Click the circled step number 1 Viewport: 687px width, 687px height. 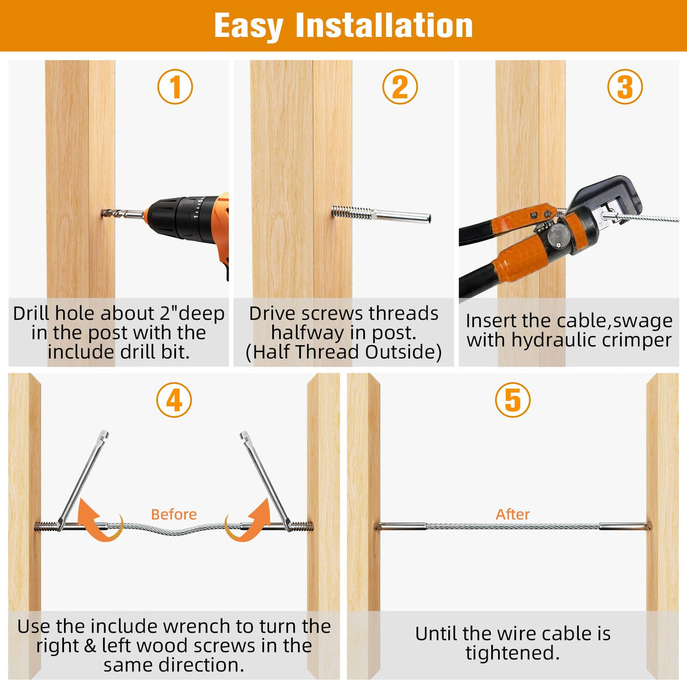(x=175, y=87)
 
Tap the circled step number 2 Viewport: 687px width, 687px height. (x=400, y=87)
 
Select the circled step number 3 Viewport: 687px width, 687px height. (x=625, y=87)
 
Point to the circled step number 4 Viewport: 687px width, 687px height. (x=174, y=400)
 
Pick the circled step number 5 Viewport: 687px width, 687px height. (x=513, y=400)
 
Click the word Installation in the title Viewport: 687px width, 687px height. (x=384, y=25)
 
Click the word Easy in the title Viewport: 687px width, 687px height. (x=248, y=27)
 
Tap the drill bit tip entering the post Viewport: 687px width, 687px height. (x=104, y=213)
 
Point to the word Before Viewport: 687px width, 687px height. (x=174, y=514)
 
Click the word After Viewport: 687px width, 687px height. (x=513, y=514)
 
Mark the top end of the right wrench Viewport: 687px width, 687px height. (x=244, y=434)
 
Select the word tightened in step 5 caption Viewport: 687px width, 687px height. (x=512, y=652)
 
